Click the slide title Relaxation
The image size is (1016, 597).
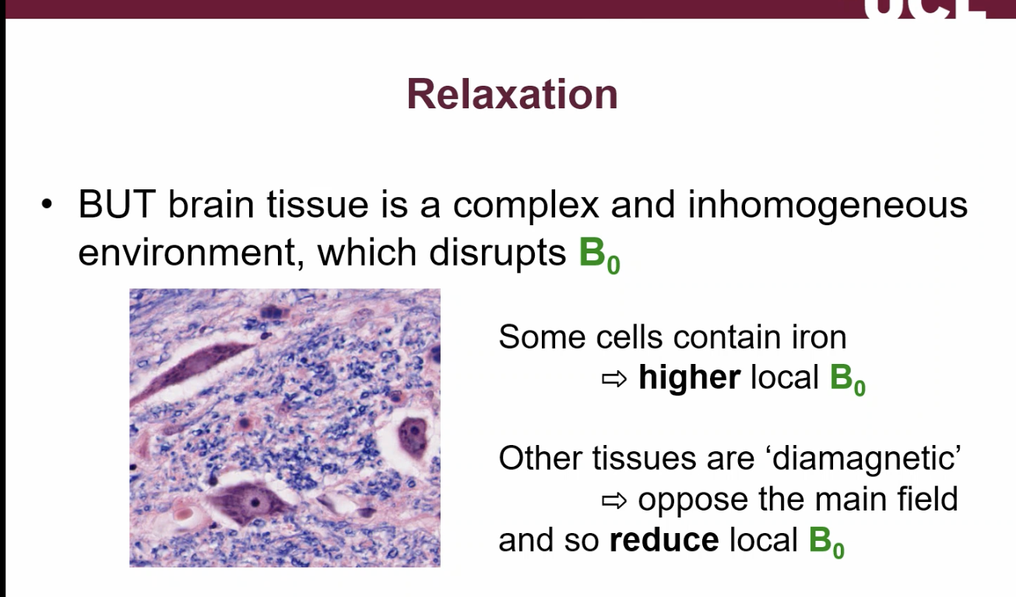512,94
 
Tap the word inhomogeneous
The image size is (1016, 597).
828,205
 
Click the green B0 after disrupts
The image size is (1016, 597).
599,255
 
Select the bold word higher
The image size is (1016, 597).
689,378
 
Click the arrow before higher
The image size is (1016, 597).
614,379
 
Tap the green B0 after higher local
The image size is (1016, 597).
847,380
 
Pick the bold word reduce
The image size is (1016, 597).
663,540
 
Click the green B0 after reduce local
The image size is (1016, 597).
826,542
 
